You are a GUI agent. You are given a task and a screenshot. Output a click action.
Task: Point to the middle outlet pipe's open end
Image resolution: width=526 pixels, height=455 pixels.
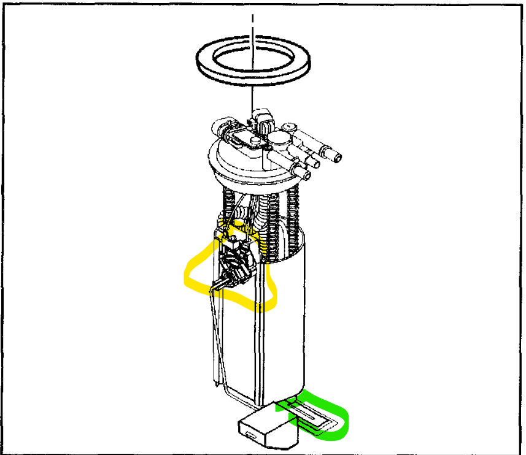[x=317, y=162]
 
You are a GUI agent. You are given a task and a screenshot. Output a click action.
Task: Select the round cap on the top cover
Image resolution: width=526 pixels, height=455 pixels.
[x=279, y=138]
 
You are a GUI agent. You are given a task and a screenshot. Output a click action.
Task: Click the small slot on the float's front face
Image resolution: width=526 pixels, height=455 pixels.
[x=249, y=434]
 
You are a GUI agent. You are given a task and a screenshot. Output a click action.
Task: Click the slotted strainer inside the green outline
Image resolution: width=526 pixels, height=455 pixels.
[x=307, y=417]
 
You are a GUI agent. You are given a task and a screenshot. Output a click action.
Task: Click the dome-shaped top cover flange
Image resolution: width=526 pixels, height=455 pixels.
[x=246, y=166]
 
